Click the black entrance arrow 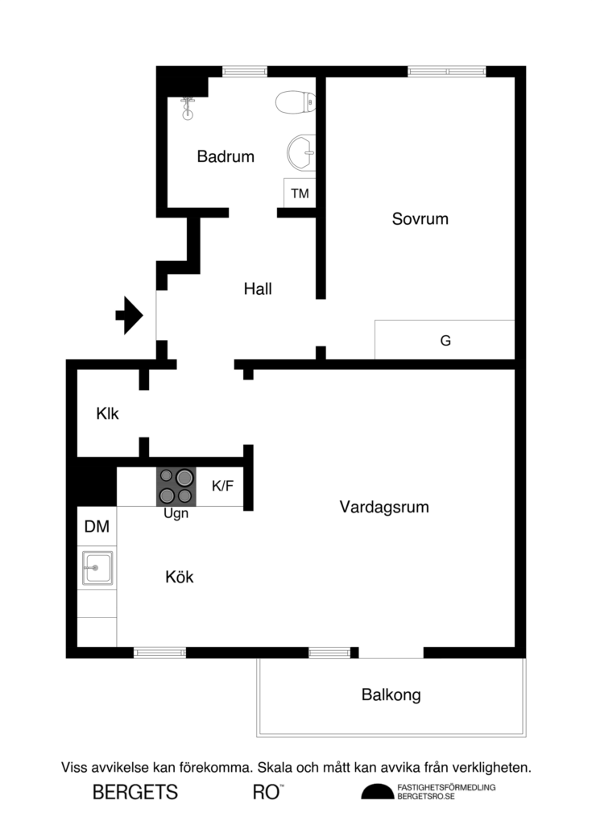pyautogui.click(x=129, y=315)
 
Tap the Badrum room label pyautogui.click(x=226, y=156)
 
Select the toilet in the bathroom pyautogui.click(x=296, y=102)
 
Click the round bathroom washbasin pyautogui.click(x=301, y=151)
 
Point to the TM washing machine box pyautogui.click(x=300, y=194)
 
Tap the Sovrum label pyautogui.click(x=420, y=218)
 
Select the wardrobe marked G pyautogui.click(x=445, y=340)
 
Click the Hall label pyautogui.click(x=258, y=288)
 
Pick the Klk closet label pyautogui.click(x=108, y=414)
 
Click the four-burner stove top pyautogui.click(x=176, y=487)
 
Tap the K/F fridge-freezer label pyautogui.click(x=222, y=486)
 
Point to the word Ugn pyautogui.click(x=176, y=513)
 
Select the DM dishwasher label pyautogui.click(x=97, y=528)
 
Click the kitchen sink pyautogui.click(x=96, y=568)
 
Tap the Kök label pyautogui.click(x=180, y=577)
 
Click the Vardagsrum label pyautogui.click(x=384, y=507)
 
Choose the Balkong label pyautogui.click(x=391, y=694)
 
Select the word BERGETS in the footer pyautogui.click(x=135, y=792)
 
